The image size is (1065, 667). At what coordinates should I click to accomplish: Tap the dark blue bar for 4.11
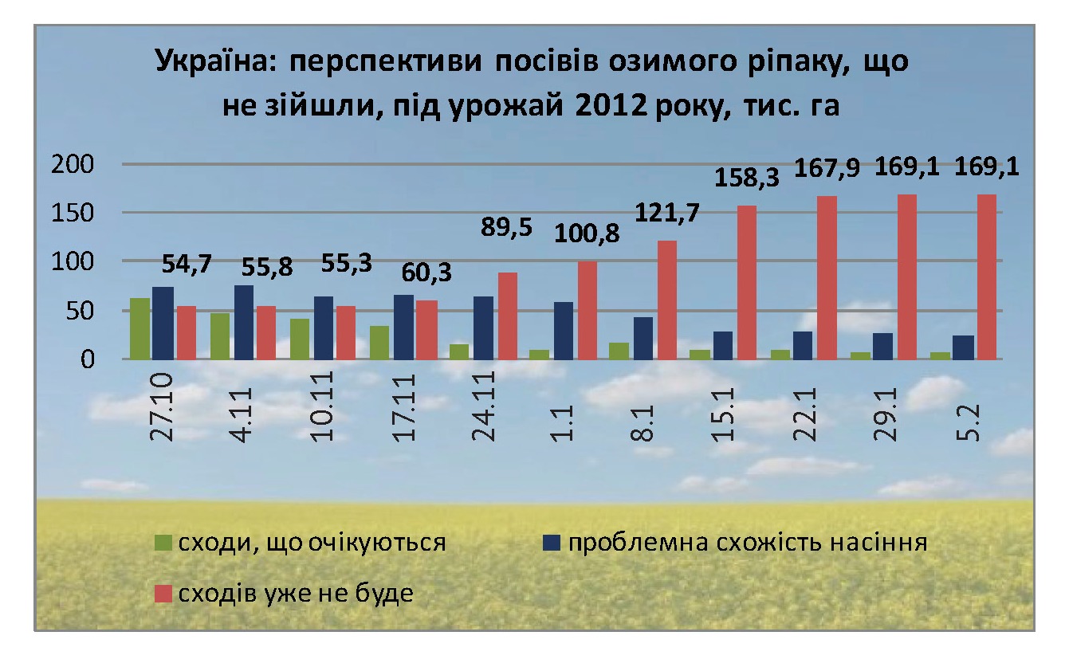[244, 322]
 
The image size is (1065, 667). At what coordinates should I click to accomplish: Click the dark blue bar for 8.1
[643, 338]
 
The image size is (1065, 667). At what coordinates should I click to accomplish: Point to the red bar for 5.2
[986, 277]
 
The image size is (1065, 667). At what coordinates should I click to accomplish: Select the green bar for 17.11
[380, 342]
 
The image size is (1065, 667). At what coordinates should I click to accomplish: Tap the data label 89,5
[499, 226]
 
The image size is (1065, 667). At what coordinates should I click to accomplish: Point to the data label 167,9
[827, 170]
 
